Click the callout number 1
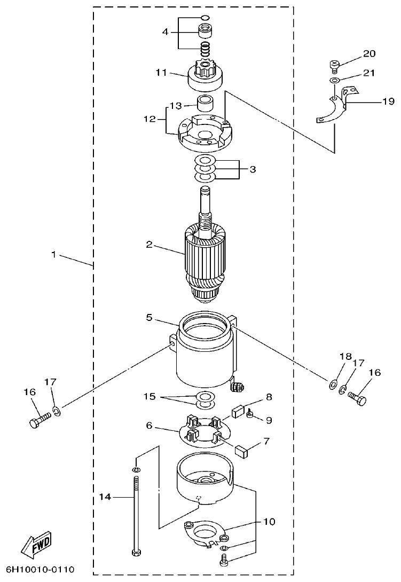pyautogui.click(x=53, y=255)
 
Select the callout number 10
pyautogui.click(x=269, y=521)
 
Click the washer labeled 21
pyautogui.click(x=334, y=80)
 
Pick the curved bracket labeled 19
pyautogui.click(x=328, y=109)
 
